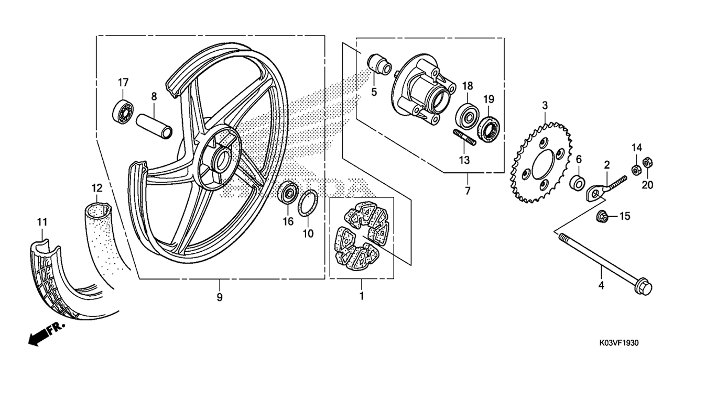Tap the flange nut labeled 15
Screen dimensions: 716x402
602,217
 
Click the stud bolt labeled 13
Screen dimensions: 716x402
464,137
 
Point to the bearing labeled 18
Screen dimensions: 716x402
468,116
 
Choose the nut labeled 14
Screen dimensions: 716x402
636,169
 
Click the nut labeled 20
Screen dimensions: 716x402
647,163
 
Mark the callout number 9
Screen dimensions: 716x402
220,297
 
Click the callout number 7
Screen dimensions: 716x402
468,191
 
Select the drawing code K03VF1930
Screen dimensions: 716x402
619,343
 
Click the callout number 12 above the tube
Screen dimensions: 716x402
97,188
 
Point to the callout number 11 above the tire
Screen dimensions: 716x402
42,222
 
